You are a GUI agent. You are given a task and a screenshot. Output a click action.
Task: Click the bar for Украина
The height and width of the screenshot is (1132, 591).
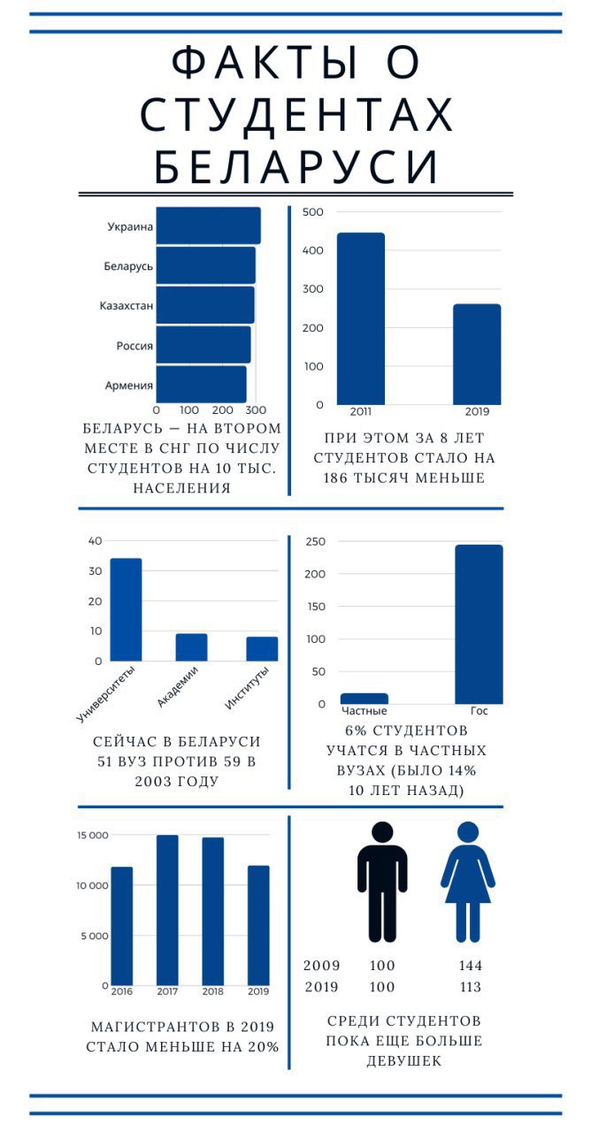coord(208,226)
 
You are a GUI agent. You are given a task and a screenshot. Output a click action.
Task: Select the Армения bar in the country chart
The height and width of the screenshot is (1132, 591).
coord(201,385)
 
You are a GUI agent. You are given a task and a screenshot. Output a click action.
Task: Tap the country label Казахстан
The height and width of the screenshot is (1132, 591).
coord(127,306)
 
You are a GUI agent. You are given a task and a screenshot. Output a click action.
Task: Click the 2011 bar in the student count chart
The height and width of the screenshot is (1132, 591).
coord(361,318)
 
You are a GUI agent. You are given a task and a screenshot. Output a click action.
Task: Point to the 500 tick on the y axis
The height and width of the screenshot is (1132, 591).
coord(312,212)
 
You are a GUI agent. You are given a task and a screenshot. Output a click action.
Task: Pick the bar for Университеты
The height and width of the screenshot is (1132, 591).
coord(126,609)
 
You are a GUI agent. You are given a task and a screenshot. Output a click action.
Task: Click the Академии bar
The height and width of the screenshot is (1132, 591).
coord(191,647)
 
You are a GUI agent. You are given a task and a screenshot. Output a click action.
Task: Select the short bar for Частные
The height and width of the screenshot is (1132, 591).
coord(364,699)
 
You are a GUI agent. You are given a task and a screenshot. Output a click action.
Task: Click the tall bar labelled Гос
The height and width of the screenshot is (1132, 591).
coord(479,623)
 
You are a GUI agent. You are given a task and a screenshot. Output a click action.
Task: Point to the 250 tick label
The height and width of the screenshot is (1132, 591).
coord(315,541)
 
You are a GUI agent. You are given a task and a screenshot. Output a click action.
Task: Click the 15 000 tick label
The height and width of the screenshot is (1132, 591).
coord(91,836)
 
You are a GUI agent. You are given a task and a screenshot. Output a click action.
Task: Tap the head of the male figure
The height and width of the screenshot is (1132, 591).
coord(382,832)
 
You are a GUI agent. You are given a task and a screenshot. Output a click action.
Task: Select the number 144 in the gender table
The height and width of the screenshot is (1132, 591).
coord(471,966)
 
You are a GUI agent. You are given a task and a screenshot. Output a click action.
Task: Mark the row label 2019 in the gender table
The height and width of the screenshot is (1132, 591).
coord(321,987)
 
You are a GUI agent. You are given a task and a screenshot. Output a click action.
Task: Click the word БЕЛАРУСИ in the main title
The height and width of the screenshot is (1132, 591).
coord(295,166)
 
